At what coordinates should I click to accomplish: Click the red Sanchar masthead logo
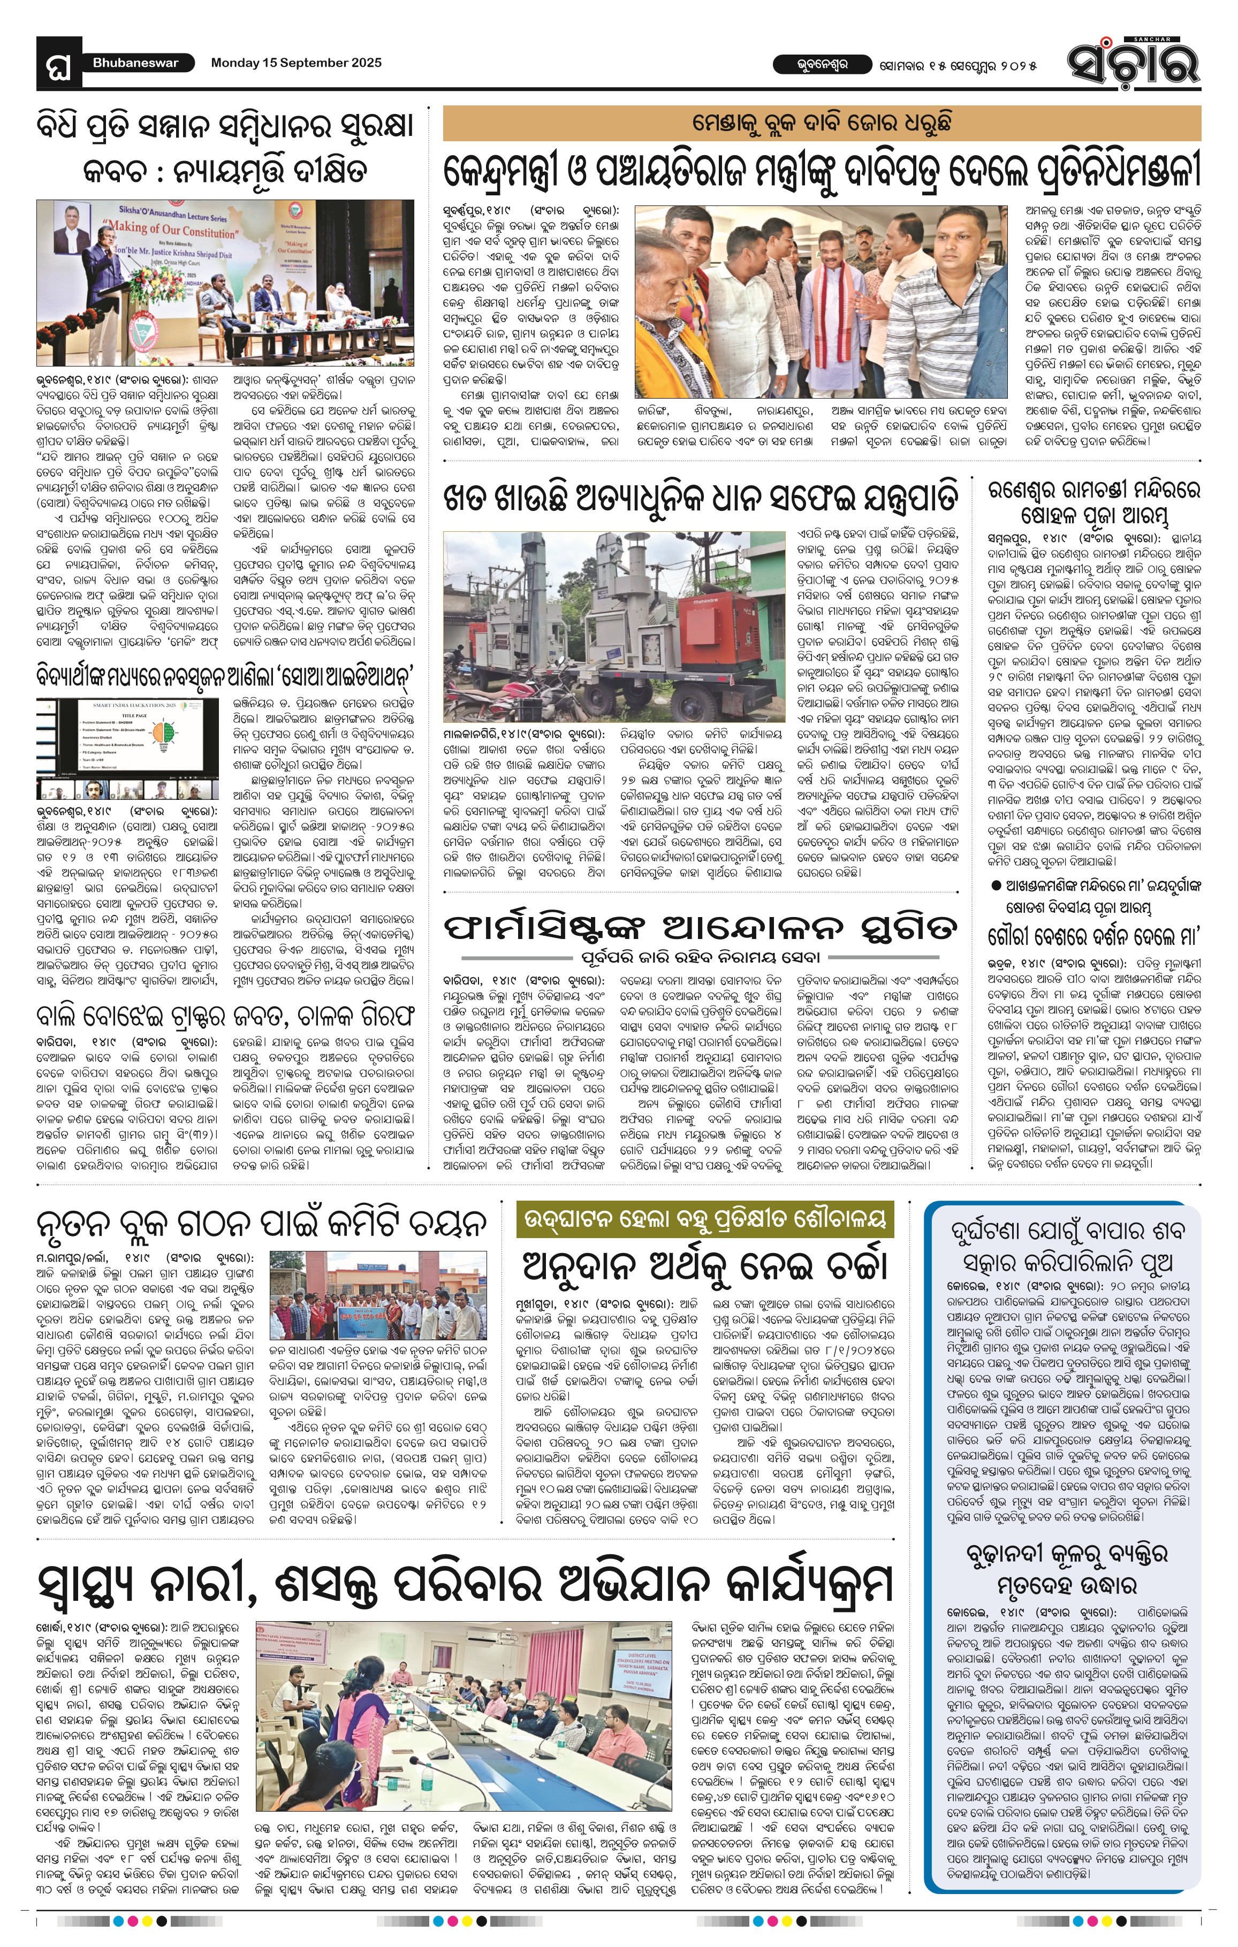pyautogui.click(x=1132, y=62)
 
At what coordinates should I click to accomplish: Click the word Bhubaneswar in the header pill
pyautogui.click(x=135, y=63)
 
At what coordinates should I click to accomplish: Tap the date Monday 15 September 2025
pyautogui.click(x=296, y=63)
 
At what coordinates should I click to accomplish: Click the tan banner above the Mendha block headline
pyautogui.click(x=821, y=124)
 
